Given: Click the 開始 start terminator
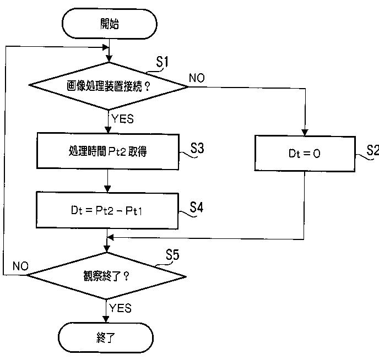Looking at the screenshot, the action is coord(110,24).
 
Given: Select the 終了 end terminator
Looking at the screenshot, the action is coord(106,337).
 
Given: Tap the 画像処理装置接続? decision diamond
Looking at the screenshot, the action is coord(109,86).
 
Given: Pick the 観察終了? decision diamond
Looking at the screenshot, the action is coord(106,276).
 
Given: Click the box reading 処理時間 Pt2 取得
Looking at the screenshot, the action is coord(108,151).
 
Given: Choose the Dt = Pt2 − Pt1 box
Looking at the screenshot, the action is coord(107,210).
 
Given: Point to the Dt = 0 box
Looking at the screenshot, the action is coord(305,154).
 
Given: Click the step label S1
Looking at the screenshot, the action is coord(162,62).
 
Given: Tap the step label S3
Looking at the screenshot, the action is coord(197,148).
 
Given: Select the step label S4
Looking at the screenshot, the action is coord(196,207).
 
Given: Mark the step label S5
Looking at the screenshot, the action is coord(172,255).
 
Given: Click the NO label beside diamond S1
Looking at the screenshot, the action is coord(197,78).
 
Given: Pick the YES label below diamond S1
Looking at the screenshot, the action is coord(122,119).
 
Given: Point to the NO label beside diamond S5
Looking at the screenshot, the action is coord(20,266).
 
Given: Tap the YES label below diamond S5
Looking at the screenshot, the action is coord(121,308).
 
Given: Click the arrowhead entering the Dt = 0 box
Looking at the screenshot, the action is coord(305,132).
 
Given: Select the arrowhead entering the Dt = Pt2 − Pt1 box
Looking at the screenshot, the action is coord(107,189).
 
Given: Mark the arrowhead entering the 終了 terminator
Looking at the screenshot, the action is coord(106,319).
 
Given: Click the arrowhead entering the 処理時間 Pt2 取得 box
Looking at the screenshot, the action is coord(108,130).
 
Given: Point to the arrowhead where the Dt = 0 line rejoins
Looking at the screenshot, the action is coord(110,238).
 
